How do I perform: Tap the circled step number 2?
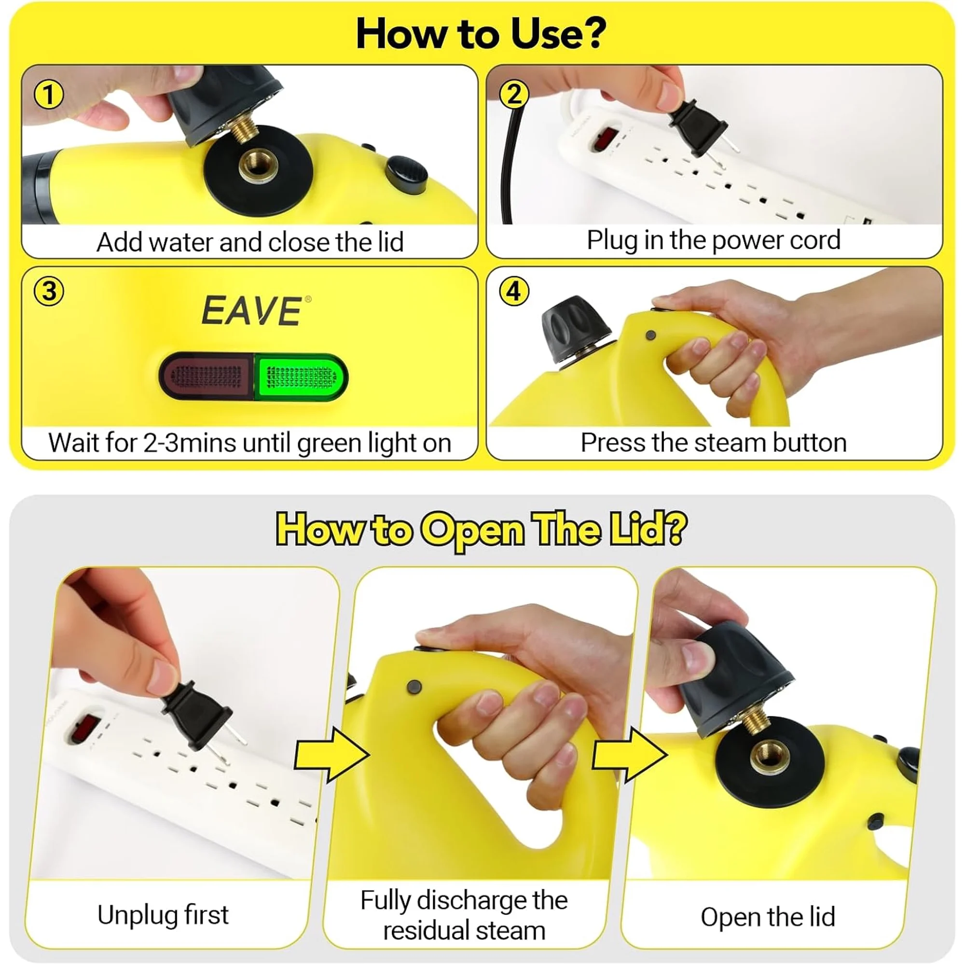(514, 95)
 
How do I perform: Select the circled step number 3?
(49, 291)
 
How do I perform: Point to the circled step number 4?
(514, 291)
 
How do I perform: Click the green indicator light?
(300, 378)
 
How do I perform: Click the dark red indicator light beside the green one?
(207, 377)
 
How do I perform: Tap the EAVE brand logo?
(252, 311)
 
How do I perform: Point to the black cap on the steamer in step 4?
(574, 327)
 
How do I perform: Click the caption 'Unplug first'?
(163, 915)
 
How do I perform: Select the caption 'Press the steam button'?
(713, 442)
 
